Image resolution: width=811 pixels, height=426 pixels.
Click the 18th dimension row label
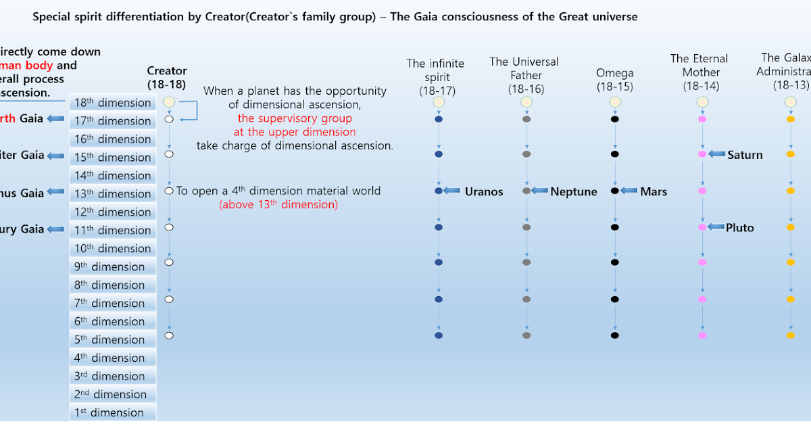click(x=113, y=103)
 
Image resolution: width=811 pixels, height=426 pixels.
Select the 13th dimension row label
click(x=113, y=194)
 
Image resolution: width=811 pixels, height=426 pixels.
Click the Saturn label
click(x=745, y=155)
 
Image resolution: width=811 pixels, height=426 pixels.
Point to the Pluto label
click(x=739, y=228)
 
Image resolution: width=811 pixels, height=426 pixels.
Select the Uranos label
click(x=484, y=191)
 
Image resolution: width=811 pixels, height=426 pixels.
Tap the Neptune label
click(x=574, y=191)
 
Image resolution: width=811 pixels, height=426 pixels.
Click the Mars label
click(x=654, y=191)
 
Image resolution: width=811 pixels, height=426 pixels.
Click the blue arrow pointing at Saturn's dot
click(x=716, y=155)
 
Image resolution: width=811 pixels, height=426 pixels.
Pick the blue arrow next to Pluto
click(x=716, y=227)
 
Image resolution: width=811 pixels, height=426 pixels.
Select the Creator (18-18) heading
click(x=167, y=77)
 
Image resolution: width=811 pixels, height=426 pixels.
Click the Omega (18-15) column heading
click(x=615, y=79)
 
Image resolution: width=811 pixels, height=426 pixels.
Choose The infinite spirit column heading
click(x=436, y=76)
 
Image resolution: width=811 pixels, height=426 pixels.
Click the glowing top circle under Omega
click(x=615, y=102)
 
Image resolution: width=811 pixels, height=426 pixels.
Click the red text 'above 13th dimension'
click(x=278, y=204)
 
